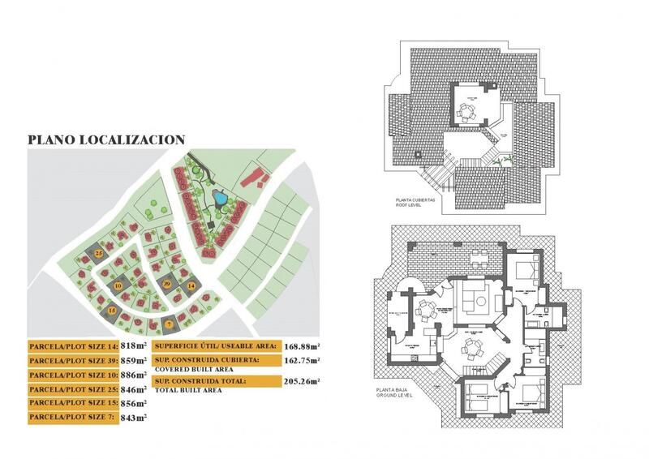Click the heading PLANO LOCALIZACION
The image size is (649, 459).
tap(106, 139)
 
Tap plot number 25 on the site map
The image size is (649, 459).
tap(99, 254)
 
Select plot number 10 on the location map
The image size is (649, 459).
tap(118, 285)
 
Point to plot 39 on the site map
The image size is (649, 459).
tap(167, 284)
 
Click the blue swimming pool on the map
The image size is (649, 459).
tap(220, 197)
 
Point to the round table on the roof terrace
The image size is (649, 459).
tap(466, 113)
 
